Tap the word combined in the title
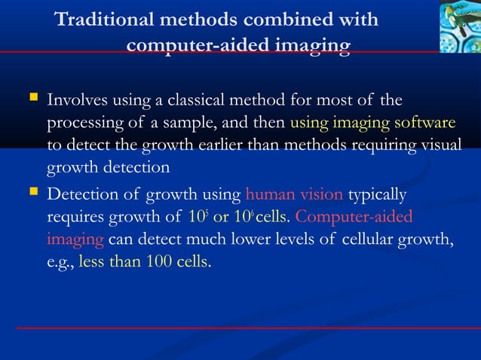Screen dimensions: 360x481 (x=293, y=20)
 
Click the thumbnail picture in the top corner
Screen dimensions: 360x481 (x=459, y=26)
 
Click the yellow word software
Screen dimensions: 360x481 (x=426, y=123)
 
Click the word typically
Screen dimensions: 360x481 (x=378, y=196)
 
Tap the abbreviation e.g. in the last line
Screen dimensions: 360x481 (x=60, y=264)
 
